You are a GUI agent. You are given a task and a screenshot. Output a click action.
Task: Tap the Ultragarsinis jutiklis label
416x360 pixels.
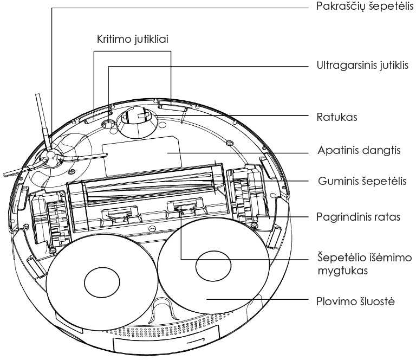(362, 66)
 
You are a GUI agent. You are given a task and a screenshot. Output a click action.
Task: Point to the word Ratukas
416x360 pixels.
(336, 117)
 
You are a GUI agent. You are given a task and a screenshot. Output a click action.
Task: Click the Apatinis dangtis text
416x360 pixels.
(359, 150)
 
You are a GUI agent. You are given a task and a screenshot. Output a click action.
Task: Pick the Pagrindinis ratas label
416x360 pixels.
(358, 217)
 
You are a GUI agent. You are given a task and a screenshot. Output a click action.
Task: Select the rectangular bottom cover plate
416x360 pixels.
(140, 151)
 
